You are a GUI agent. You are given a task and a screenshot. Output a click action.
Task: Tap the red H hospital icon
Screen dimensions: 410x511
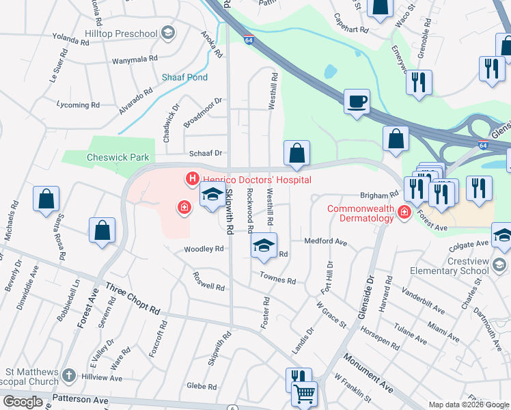click(192, 179)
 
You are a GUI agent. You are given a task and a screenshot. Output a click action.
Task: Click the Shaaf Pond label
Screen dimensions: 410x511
click(184, 77)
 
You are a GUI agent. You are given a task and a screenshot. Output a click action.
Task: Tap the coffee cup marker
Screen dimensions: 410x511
click(356, 102)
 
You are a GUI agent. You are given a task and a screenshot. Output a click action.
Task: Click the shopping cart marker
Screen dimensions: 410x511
click(304, 394)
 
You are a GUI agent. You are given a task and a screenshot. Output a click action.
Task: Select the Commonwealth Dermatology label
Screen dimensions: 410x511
click(360, 213)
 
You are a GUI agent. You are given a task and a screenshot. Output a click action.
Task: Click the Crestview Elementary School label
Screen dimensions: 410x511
click(458, 265)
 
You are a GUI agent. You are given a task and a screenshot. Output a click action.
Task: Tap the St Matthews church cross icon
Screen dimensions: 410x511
click(68, 375)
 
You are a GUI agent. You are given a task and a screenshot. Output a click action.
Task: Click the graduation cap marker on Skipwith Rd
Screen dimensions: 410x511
click(212, 195)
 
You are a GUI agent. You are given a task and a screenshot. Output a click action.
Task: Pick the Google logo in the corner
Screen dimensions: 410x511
click(23, 402)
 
